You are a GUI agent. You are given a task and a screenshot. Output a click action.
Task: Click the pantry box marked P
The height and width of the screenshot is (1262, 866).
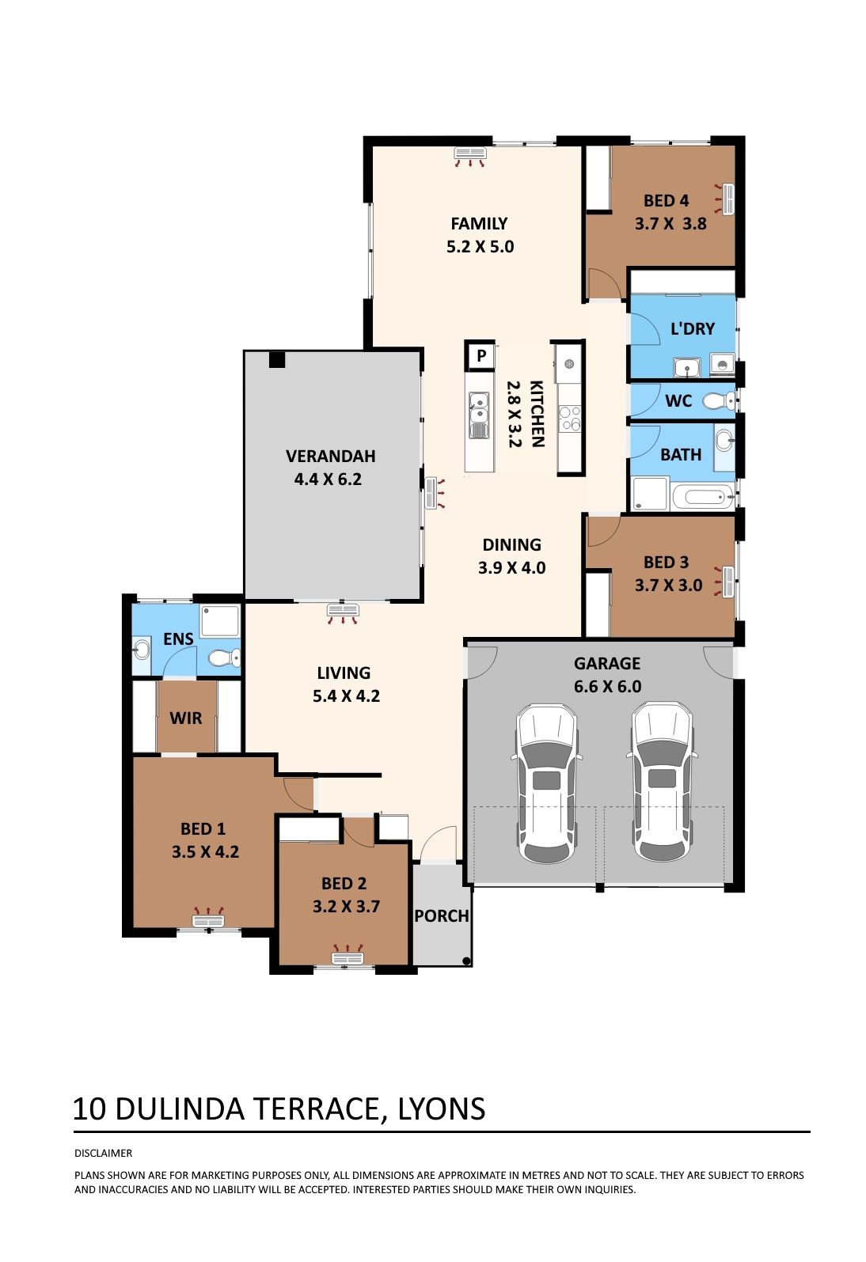point(480,355)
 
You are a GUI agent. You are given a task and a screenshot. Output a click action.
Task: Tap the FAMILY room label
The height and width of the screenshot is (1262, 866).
point(479,224)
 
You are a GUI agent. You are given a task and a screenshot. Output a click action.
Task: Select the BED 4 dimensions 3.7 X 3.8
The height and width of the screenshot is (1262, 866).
point(670,224)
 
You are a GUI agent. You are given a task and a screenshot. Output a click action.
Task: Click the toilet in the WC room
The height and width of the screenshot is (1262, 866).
point(720,400)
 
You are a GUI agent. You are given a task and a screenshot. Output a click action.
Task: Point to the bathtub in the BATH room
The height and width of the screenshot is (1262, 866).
point(702,496)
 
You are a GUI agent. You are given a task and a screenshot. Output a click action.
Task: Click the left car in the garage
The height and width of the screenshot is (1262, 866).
point(546,783)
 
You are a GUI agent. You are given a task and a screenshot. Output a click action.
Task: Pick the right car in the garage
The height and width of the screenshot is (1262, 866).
point(662,783)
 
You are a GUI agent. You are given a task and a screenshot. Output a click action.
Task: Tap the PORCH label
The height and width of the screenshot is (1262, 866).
point(442,916)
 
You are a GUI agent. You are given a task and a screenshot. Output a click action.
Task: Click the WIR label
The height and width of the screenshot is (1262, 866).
point(185,718)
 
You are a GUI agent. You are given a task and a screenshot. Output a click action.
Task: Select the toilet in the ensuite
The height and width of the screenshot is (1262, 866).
point(224,658)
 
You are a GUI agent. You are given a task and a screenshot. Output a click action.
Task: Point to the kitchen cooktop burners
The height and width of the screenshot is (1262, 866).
point(569,419)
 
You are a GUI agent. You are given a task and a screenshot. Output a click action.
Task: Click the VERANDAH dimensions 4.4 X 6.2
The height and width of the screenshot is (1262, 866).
point(328,479)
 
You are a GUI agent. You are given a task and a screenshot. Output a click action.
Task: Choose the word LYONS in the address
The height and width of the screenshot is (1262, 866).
point(442,1109)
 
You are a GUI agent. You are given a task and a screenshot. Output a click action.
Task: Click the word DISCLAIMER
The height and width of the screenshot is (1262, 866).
point(103,1154)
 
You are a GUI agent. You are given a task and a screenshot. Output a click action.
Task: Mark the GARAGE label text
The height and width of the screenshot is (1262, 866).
point(607,663)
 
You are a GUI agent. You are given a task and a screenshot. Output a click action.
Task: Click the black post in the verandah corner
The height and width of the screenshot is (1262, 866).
point(277,359)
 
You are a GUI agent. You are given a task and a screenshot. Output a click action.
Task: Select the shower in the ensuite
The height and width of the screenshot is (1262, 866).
point(220,621)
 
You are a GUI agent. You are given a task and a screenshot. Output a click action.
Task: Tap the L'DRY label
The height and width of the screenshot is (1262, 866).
point(693,328)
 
